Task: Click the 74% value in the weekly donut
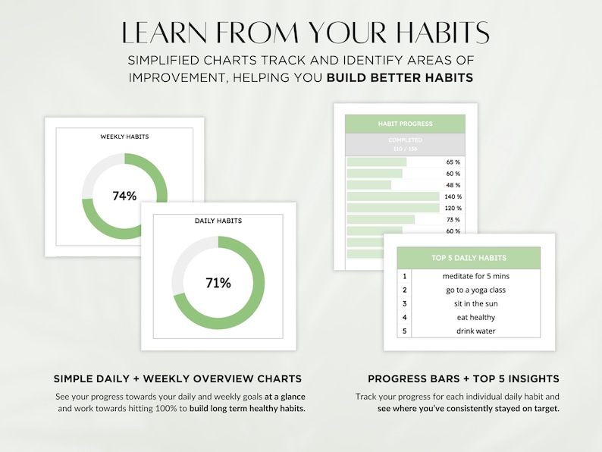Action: coord(124,196)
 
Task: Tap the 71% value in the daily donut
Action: coord(218,283)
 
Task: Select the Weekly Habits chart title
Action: coord(124,137)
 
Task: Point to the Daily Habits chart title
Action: coord(218,221)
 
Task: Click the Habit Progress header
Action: coord(405,124)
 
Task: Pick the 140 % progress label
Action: coord(453,196)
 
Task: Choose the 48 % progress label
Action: coord(453,185)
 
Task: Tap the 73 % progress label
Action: coord(453,219)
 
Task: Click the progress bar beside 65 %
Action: coord(377,162)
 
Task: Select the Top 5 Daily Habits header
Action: coord(469,258)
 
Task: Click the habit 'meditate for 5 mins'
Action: coord(475,276)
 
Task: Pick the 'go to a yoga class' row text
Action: coord(475,290)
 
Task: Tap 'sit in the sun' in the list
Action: coord(475,303)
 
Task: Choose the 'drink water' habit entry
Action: coord(475,331)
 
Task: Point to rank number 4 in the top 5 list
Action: coord(405,317)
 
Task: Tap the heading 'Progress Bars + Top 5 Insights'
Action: coord(463,378)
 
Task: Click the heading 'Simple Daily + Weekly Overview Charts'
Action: coord(177,378)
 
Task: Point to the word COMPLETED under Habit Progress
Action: coord(405,140)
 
